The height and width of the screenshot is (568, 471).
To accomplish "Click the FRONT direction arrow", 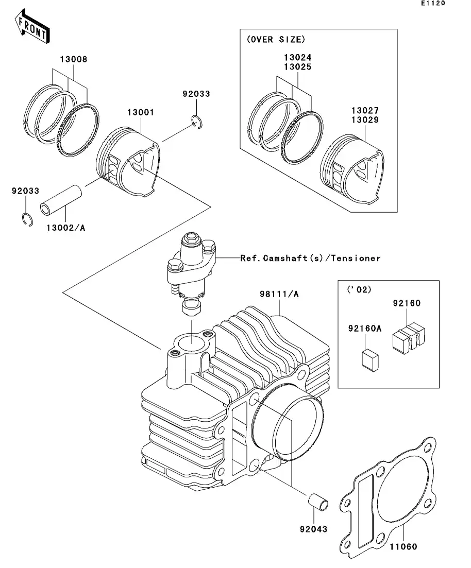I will [32, 28].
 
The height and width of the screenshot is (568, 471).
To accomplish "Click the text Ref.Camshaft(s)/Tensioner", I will [310, 258].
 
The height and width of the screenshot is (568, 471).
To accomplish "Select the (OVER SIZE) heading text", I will [275, 39].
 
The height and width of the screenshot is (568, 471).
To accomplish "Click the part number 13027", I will [365, 111].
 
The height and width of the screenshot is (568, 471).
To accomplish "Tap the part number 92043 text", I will [313, 529].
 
